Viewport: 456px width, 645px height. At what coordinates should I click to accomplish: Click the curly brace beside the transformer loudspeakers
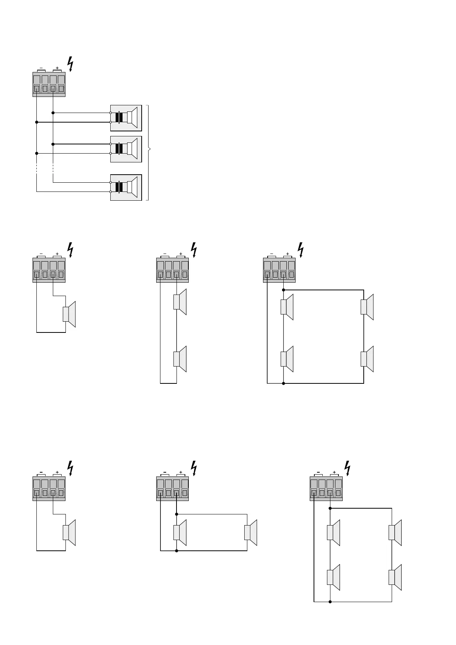point(149,152)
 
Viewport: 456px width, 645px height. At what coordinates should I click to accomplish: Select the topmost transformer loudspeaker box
point(126,118)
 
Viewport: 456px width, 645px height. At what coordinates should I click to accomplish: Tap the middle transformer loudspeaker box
point(126,149)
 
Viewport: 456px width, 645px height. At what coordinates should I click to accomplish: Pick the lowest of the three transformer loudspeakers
point(126,187)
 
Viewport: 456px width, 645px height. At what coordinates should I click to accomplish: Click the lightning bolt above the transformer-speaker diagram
point(70,64)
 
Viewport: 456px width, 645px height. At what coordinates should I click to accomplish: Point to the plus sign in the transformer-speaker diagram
point(57,68)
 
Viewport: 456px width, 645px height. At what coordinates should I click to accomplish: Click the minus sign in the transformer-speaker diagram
point(41,68)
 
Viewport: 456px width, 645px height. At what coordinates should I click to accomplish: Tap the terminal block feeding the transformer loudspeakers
point(49,85)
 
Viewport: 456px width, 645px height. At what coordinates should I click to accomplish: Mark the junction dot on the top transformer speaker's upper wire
point(53,113)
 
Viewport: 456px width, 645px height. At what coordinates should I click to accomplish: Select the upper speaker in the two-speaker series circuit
point(180,302)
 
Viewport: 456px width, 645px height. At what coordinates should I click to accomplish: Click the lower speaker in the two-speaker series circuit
point(180,359)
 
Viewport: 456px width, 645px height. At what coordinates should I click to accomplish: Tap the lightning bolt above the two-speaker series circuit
point(194,249)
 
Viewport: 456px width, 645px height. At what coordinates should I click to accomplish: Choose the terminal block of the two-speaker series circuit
point(172,270)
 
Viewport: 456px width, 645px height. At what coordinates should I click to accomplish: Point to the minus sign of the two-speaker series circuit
point(165,254)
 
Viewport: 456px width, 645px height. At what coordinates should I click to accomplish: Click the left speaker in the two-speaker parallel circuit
point(180,532)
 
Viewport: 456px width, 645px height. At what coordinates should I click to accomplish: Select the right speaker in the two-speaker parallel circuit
point(251,532)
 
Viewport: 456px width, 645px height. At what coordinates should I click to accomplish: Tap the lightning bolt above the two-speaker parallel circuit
point(194,468)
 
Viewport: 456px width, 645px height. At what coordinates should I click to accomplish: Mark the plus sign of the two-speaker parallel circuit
point(181,472)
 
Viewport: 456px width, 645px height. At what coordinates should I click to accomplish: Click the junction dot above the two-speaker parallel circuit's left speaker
point(177,514)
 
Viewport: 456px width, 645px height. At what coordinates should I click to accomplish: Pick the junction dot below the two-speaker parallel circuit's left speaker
point(177,551)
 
